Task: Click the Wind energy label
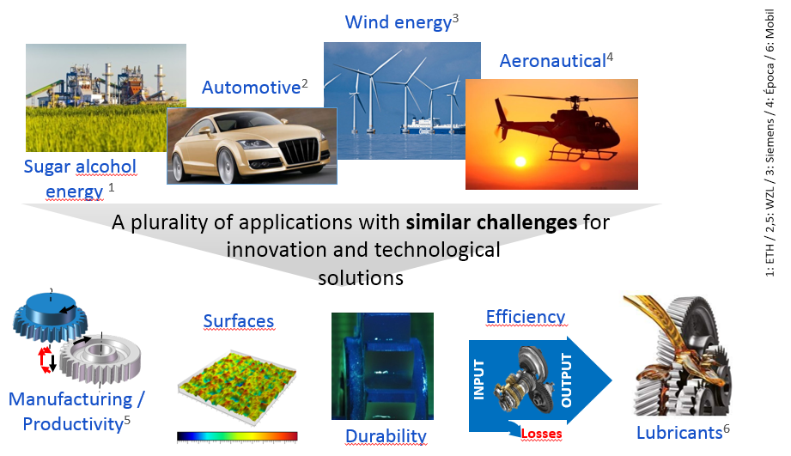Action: pos(402,21)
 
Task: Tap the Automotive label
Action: pos(255,87)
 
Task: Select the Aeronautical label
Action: pos(557,60)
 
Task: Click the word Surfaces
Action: pos(239,321)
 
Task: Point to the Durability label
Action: pos(386,435)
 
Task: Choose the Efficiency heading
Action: pos(526,316)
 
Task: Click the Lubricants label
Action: pos(683,432)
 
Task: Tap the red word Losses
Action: pos(541,434)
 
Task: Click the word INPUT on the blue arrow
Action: pos(478,380)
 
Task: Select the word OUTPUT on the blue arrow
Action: pos(567,380)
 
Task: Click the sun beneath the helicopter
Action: pos(520,161)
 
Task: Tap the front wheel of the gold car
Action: pos(227,166)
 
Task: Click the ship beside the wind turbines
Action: pos(432,125)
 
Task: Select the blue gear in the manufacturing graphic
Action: pos(50,317)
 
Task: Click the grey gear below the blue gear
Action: pos(100,359)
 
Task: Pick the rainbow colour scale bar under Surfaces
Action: pos(237,436)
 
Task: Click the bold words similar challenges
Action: pos(491,222)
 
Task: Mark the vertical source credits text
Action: pos(770,143)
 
